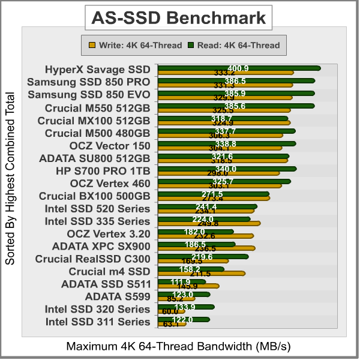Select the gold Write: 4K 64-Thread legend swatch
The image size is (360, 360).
click(x=92, y=44)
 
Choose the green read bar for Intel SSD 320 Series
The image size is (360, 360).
click(x=186, y=307)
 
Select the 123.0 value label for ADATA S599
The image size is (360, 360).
click(x=183, y=295)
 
